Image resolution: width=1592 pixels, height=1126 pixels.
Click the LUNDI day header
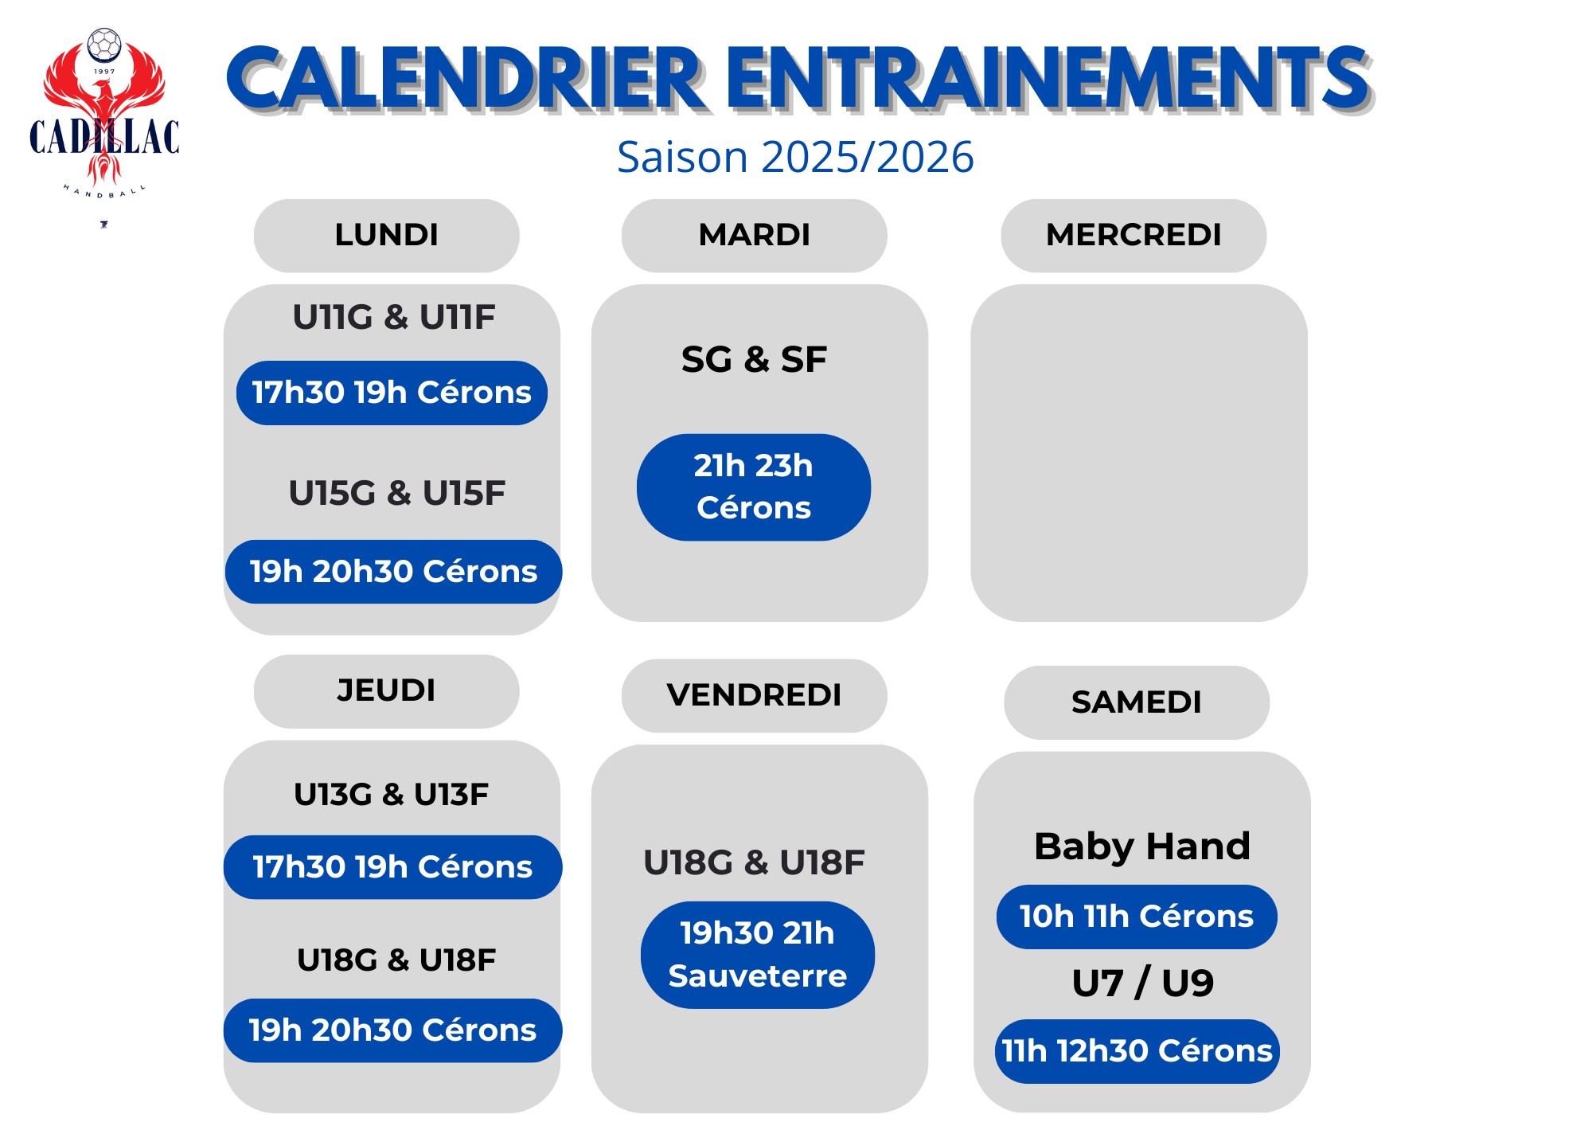[386, 236]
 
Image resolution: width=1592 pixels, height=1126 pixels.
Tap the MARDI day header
[754, 236]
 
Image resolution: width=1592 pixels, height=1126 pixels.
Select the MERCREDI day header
[1134, 236]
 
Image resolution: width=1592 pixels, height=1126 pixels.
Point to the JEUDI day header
[386, 691]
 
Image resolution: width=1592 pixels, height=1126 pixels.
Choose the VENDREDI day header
[754, 695]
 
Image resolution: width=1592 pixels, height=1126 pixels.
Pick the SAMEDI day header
[1137, 702]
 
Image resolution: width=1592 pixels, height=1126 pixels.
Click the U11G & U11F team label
[394, 317]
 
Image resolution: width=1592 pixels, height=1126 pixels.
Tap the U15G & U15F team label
[396, 493]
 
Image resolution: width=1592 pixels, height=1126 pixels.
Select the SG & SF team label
[754, 359]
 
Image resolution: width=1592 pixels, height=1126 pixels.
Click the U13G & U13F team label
[391, 794]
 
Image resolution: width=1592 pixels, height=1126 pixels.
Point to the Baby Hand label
[1142, 846]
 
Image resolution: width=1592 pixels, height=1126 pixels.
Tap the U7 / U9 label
[1142, 983]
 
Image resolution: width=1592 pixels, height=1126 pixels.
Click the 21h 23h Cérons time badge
[754, 487]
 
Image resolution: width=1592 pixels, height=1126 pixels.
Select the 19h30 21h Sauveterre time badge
[758, 955]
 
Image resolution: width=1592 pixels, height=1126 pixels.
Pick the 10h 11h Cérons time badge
[1137, 917]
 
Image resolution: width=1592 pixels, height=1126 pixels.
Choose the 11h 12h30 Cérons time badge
[1137, 1051]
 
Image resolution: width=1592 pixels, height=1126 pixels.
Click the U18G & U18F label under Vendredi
[754, 862]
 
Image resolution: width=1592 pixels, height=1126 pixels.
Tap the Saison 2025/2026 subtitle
[795, 157]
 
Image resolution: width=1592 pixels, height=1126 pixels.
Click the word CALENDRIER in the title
[466, 78]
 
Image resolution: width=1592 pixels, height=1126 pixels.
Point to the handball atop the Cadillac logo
[104, 45]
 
